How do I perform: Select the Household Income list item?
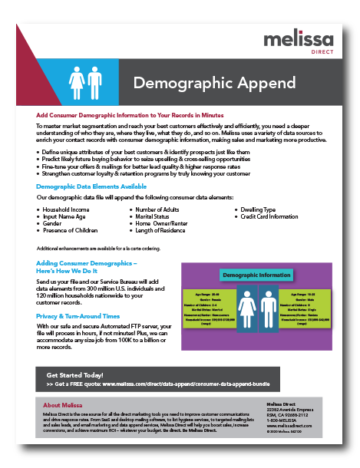tap(66, 209)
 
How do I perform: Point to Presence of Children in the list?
tap(70, 229)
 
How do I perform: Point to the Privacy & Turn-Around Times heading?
tap(78, 316)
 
